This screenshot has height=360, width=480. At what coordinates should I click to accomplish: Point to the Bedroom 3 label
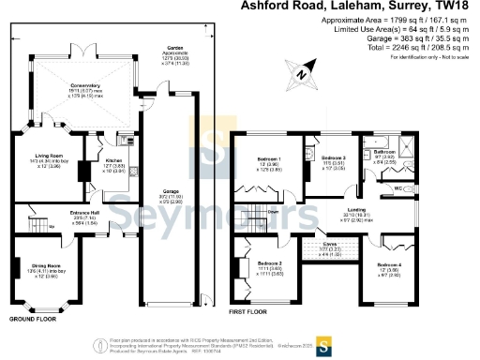point(333,157)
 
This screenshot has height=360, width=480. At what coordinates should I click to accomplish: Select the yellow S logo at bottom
point(322,340)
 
